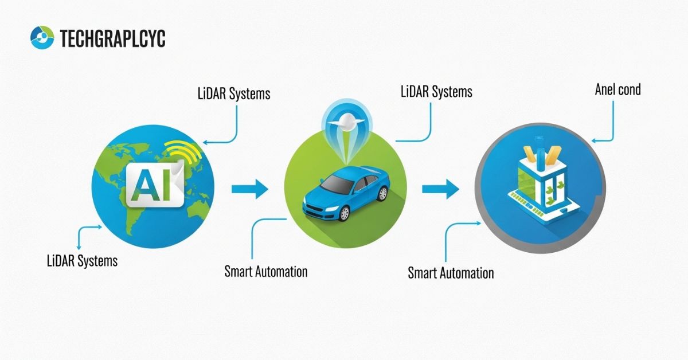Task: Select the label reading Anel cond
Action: (x=618, y=89)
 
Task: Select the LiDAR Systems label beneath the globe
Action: (x=82, y=261)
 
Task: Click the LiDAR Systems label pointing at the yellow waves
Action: (x=233, y=93)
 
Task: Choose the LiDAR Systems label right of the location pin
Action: (x=436, y=91)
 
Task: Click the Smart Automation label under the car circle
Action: (x=265, y=271)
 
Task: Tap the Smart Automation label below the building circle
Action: (x=451, y=273)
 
